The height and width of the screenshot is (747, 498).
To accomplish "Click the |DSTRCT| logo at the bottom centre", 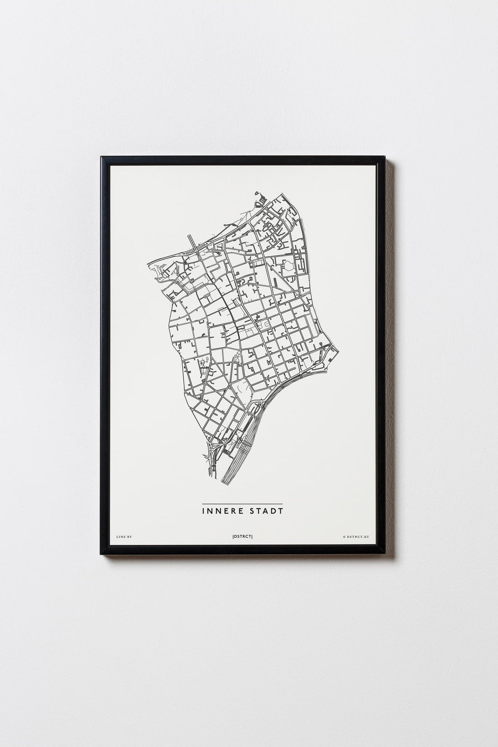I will point(242,537).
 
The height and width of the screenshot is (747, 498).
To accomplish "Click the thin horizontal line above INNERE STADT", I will point(242,504).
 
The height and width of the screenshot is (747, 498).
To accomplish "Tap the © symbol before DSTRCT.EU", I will point(345,537).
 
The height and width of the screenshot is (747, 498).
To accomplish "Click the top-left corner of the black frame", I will point(101,157).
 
